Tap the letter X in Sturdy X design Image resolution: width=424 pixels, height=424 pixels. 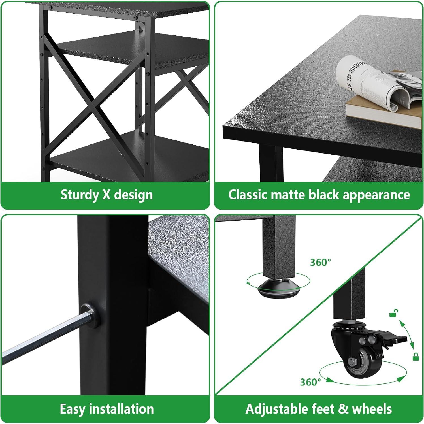coord(106,195)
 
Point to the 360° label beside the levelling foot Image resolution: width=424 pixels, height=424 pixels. coord(320,263)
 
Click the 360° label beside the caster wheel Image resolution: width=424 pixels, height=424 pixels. coord(310,382)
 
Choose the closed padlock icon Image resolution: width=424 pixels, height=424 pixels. coord(416,357)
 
